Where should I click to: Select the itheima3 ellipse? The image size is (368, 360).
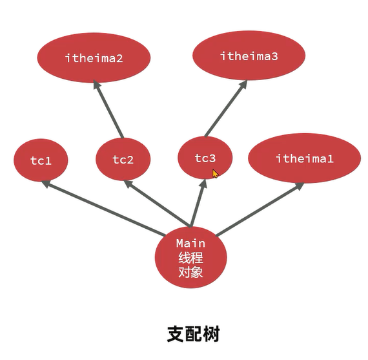coord(249,56)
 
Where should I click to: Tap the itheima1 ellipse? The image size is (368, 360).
coord(304,158)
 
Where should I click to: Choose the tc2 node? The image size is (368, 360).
coord(123,160)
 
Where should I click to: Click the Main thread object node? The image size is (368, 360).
coord(190,258)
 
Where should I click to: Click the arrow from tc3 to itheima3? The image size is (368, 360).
coord(225,110)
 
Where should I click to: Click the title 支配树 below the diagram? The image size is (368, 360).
coord(193,334)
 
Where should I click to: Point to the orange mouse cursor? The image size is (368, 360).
coord(215,173)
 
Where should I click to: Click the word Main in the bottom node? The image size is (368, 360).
coord(190,244)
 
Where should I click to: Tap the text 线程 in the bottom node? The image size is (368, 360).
coord(190,258)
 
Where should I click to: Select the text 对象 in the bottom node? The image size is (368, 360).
coord(190,272)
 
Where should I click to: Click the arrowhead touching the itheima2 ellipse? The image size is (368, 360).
coord(96,85)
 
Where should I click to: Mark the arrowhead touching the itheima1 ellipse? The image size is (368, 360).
coord(300,186)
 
